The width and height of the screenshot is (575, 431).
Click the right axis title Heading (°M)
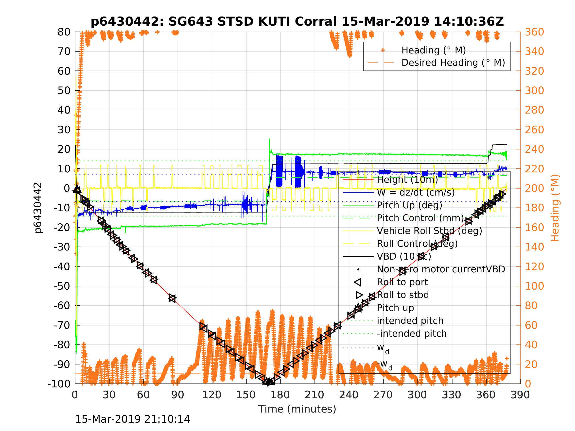click(555, 208)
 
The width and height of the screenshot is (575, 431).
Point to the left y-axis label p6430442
click(38, 208)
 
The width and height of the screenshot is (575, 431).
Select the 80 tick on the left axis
click(64, 32)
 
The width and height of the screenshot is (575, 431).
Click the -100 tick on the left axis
click(59, 384)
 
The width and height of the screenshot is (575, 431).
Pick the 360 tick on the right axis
click(534, 32)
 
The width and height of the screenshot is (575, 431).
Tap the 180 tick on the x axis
click(280, 395)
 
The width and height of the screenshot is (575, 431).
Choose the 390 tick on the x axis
click(520, 395)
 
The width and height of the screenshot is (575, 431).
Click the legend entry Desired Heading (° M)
click(453, 63)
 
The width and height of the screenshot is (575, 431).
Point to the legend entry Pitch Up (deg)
click(410, 205)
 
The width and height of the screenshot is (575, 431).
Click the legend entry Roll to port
click(402, 282)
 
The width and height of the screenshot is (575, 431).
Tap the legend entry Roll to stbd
click(403, 295)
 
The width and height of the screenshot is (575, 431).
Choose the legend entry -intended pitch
click(412, 333)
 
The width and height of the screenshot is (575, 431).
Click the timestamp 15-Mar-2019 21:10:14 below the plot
click(133, 419)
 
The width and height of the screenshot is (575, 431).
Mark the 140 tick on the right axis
click(534, 247)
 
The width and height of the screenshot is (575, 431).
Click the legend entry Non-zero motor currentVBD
click(441, 269)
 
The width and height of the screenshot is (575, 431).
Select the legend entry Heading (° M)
click(434, 50)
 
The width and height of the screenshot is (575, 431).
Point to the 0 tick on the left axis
click(67, 188)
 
